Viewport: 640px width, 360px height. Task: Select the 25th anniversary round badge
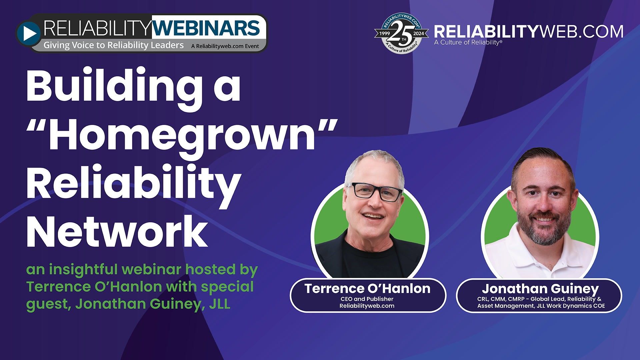click(x=401, y=33)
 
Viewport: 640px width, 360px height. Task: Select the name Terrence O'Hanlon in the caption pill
click(x=367, y=289)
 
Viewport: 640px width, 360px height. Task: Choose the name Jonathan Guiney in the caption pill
click(x=540, y=289)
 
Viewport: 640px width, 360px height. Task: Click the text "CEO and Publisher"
click(x=367, y=299)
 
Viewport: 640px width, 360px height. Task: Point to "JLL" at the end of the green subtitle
click(x=219, y=304)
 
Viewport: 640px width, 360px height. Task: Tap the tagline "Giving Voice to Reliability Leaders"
click(x=114, y=45)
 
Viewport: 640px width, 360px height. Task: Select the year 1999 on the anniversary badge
click(x=384, y=33)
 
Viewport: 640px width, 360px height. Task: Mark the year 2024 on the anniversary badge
click(x=419, y=33)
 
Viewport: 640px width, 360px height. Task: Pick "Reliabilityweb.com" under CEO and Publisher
click(x=367, y=306)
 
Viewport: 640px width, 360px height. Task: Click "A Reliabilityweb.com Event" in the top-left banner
click(x=225, y=46)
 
